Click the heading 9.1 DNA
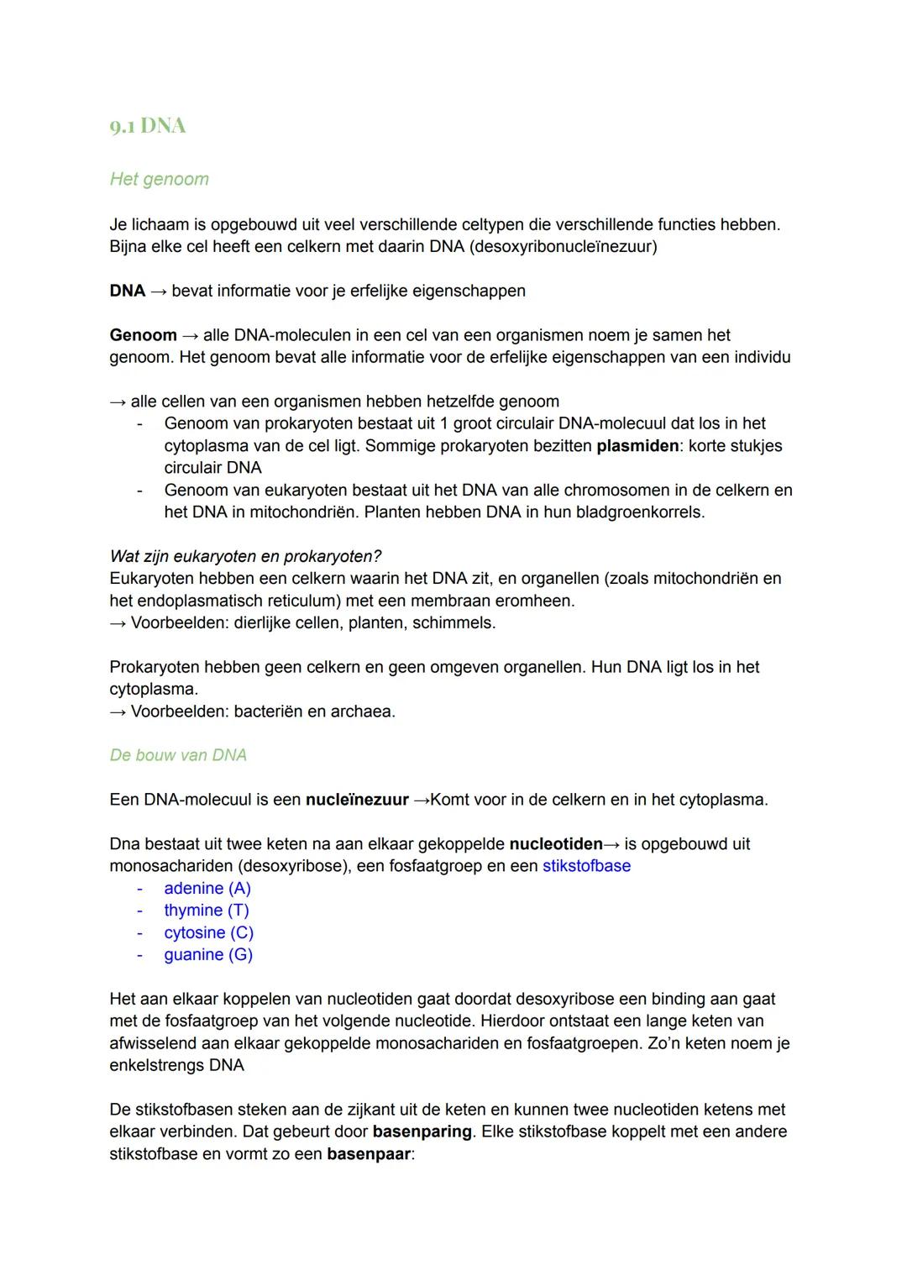148,126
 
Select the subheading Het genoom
159,179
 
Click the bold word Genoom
143,335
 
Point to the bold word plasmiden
637,446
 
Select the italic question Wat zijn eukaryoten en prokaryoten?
245,557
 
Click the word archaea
362,711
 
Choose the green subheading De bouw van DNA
178,755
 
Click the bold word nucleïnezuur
357,800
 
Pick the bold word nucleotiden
555,844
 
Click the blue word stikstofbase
586,866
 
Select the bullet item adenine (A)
207,889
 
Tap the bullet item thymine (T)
207,911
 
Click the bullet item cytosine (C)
208,933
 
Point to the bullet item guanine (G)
208,955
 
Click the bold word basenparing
422,1131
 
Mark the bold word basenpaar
368,1154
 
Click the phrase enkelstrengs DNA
176,1066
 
